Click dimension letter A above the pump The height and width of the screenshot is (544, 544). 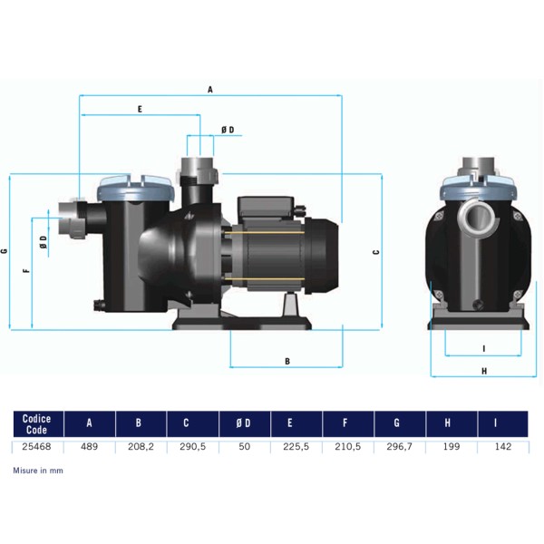point(210,90)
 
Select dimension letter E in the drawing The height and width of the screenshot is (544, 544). point(140,110)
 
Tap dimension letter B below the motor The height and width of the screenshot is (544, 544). point(287,362)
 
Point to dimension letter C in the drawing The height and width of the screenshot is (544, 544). point(376,252)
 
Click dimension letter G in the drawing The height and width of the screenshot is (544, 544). point(5,251)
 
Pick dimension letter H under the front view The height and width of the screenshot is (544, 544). point(484,371)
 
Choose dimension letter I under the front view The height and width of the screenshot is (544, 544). point(484,349)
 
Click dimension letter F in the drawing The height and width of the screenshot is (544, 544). point(26,270)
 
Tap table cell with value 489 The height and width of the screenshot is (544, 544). point(89,446)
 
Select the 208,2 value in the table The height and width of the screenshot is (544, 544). point(141,446)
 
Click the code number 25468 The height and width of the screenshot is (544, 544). point(36,446)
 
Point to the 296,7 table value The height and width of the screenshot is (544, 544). point(399,446)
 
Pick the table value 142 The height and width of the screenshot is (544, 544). point(503,446)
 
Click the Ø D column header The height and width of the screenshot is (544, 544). point(243,423)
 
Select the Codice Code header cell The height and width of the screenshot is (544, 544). point(36,424)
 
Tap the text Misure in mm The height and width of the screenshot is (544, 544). point(38,471)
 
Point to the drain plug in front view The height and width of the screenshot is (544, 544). point(478,304)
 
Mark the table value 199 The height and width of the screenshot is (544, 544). point(452,446)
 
